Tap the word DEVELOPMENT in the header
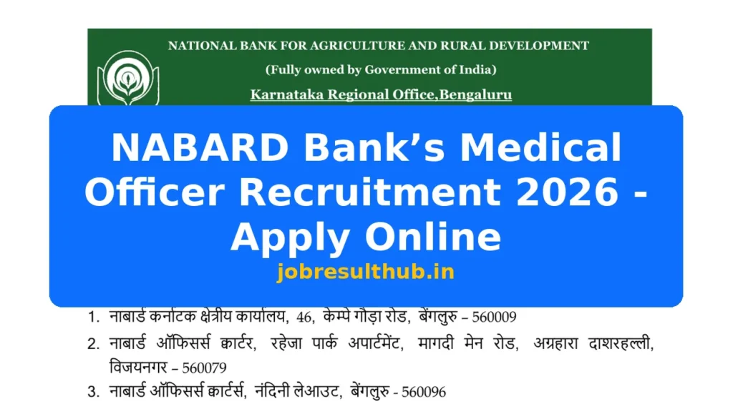tap(536, 46)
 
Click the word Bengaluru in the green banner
tap(474, 94)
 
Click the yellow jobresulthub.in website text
tap(366, 272)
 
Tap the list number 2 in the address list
tap(93, 344)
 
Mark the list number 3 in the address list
tap(93, 392)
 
